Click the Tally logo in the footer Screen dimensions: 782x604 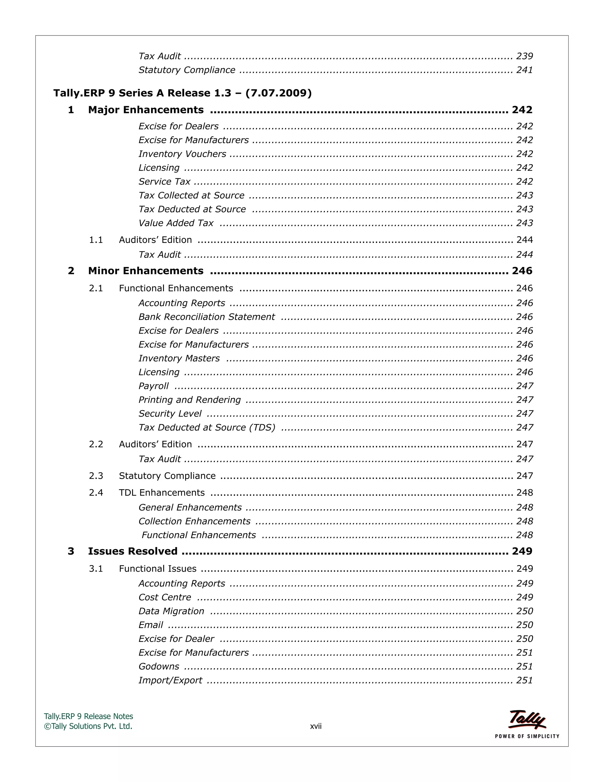click(527, 720)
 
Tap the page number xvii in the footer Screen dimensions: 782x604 click(316, 727)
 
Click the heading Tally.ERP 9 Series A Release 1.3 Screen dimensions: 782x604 click(183, 93)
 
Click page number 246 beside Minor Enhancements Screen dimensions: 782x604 click(522, 271)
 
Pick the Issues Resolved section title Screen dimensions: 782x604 click(133, 551)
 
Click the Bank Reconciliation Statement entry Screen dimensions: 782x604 click(206, 317)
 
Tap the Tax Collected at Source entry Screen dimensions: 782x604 click(191, 195)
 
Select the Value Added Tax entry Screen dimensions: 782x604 click(176, 223)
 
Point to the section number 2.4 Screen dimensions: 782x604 click(96, 493)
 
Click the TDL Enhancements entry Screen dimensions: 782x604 click(162, 493)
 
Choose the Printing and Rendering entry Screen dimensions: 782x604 click(190, 400)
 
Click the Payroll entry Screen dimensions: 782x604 click(153, 386)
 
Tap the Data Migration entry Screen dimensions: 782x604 click(171, 611)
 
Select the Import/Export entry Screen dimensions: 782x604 click(170, 680)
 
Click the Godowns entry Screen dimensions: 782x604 click(159, 666)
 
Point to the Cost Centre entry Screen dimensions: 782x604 click(165, 597)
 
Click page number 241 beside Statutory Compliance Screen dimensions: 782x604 click(524, 70)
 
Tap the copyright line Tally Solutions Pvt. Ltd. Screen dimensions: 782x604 click(88, 726)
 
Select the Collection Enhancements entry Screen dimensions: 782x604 click(194, 521)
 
